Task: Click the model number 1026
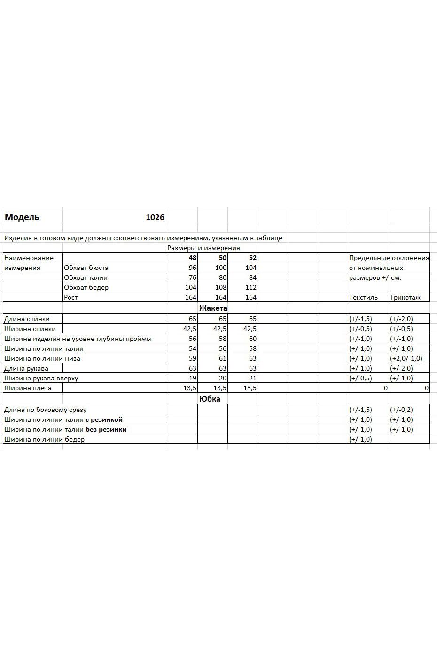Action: tap(155, 217)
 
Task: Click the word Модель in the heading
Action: tap(22, 217)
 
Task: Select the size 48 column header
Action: tap(193, 258)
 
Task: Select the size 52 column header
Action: tap(253, 258)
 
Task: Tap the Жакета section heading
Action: tap(213, 308)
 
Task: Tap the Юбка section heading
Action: tap(210, 399)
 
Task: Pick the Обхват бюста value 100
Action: tap(221, 268)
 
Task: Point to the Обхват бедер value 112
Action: tap(251, 287)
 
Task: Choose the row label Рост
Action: tap(71, 297)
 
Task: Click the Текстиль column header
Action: tap(363, 297)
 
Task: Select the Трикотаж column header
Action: tap(405, 297)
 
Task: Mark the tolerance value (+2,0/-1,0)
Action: tap(406, 358)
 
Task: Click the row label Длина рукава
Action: tap(26, 368)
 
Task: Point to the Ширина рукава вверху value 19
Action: tap(193, 378)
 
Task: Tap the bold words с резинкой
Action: tap(104, 419)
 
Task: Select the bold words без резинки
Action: tap(106, 429)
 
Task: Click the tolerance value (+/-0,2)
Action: tap(401, 410)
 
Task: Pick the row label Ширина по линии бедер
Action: tap(44, 439)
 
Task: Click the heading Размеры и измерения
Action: tap(203, 248)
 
